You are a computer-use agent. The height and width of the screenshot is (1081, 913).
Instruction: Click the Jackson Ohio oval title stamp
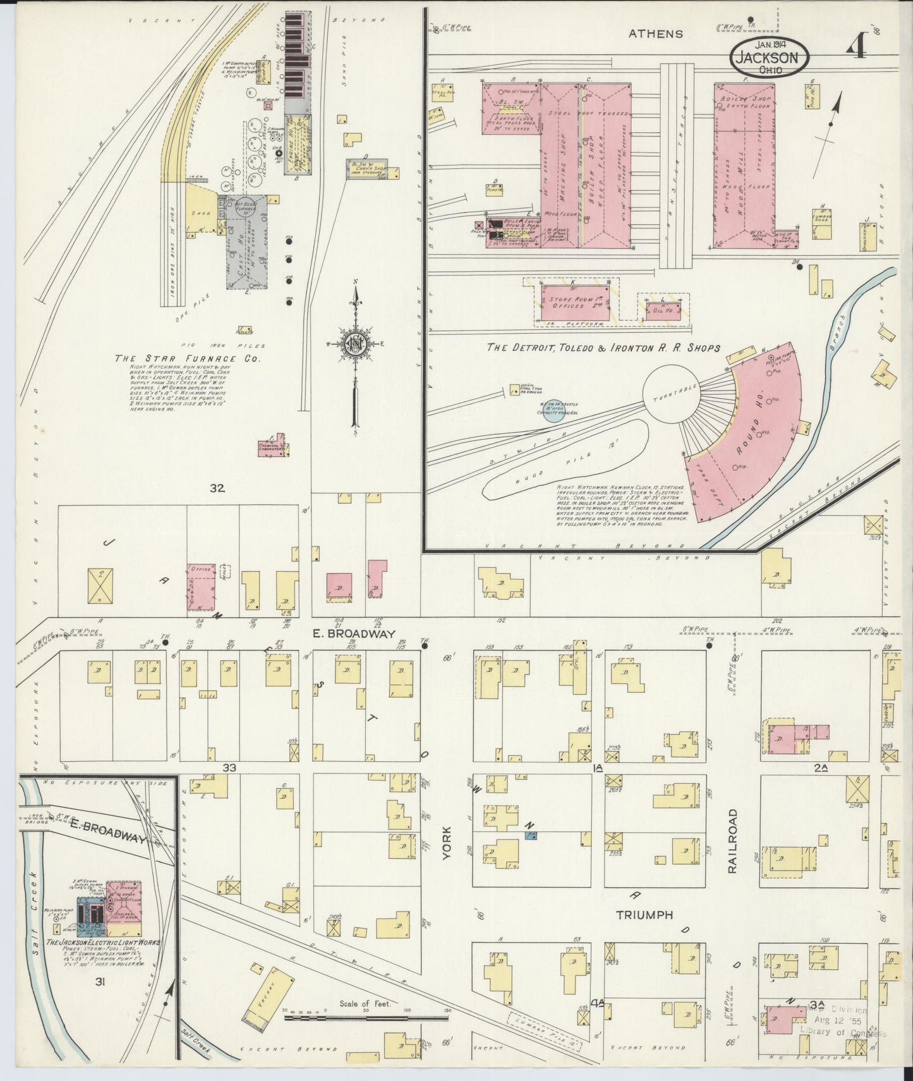(x=769, y=58)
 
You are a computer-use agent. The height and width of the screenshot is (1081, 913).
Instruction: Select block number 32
(x=218, y=487)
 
